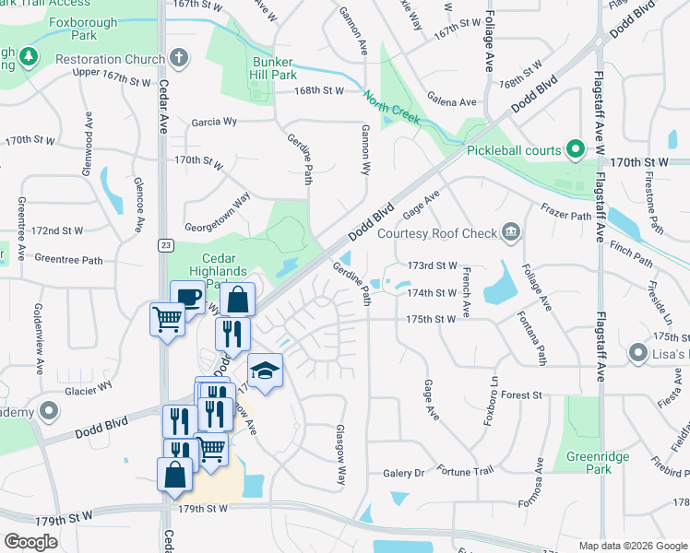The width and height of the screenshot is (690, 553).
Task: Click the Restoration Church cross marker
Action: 177,58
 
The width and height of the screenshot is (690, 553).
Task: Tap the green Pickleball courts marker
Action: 576,148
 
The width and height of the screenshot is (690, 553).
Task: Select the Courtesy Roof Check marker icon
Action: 511,232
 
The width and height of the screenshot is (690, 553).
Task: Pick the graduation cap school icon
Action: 266,370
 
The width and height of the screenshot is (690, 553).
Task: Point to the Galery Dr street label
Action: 403,473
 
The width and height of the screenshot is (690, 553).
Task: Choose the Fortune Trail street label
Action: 466,470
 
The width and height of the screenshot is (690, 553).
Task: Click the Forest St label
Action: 521,394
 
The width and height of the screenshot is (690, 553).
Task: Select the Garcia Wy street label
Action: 214,121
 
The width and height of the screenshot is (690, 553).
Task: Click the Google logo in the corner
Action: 30,541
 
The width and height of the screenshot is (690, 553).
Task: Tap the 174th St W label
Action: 433,292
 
